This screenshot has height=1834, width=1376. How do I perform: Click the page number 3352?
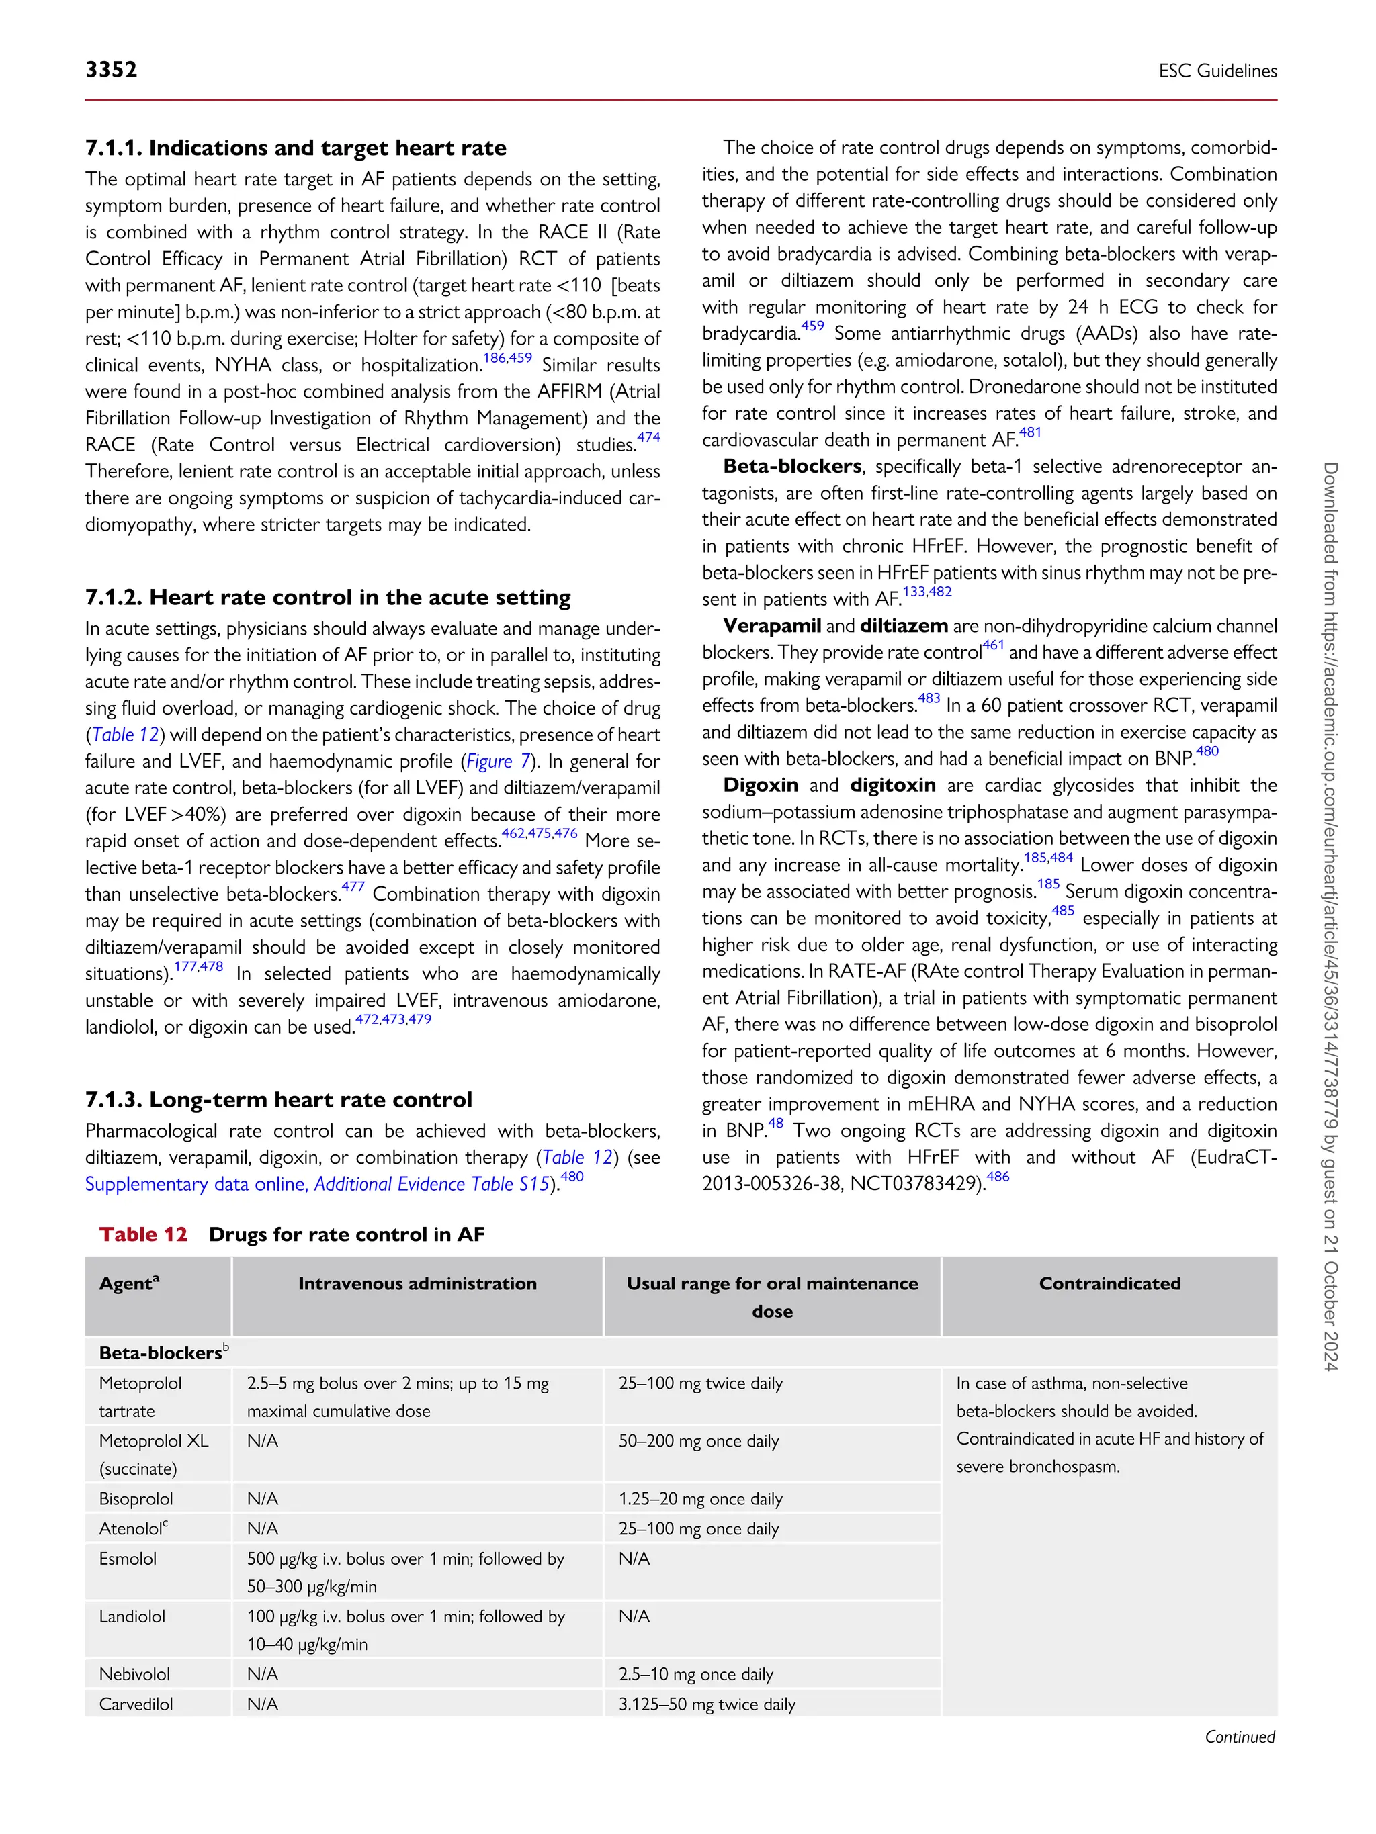tap(111, 70)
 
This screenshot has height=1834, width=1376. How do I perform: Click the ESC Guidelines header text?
tap(1217, 71)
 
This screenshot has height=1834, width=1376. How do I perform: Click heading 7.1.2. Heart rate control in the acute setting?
tap(328, 598)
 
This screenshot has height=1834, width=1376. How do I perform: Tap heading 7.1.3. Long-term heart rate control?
tap(278, 1100)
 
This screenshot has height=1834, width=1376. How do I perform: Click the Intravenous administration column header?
tap(417, 1283)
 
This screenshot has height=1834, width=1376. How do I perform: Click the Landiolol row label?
tap(132, 1616)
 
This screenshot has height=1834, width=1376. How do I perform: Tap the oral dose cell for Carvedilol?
tap(707, 1704)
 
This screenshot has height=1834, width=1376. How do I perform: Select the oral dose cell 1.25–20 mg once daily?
tap(700, 1498)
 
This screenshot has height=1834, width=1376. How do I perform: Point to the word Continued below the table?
tap(1239, 1736)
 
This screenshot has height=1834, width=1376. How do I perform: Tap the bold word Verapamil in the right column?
tap(771, 626)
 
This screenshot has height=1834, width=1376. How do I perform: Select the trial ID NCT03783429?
tap(917, 1183)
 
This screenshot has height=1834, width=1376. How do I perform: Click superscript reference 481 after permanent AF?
tap(1029, 432)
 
